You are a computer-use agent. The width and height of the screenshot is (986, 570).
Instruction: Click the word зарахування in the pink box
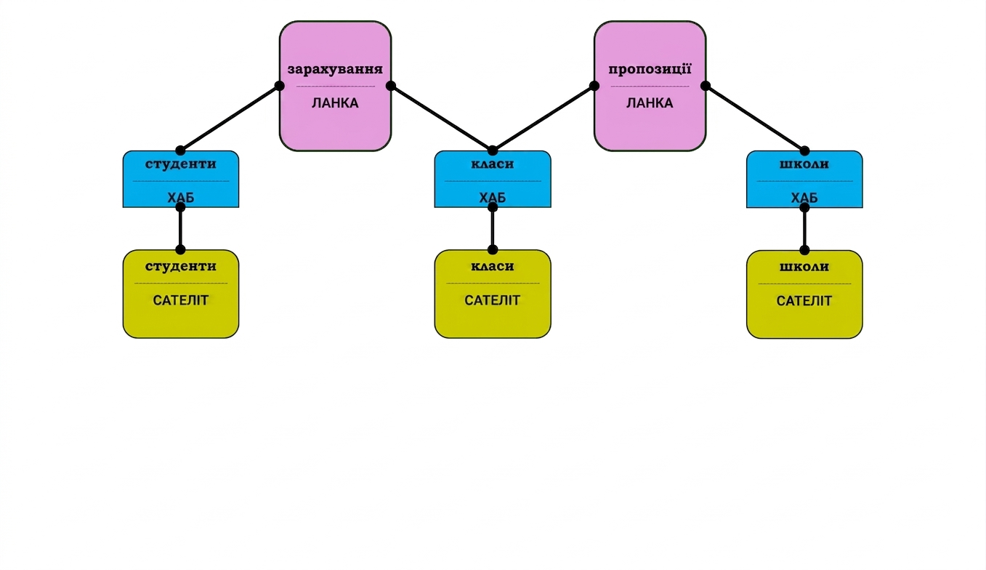[335, 69]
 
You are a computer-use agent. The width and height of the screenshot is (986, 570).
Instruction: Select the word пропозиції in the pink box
[650, 69]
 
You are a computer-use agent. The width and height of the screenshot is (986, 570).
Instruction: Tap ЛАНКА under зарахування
[335, 103]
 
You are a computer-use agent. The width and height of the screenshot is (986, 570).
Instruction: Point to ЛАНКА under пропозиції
[650, 103]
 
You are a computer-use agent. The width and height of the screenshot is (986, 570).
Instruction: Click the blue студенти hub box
[181, 179]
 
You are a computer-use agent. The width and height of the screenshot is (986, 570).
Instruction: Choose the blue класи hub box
[493, 179]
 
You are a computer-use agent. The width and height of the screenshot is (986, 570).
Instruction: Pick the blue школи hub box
[804, 179]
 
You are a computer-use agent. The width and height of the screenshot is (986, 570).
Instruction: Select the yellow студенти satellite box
[181, 294]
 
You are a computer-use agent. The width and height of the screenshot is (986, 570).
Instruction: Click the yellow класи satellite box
[493, 294]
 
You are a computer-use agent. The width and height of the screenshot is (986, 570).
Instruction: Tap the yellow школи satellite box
[804, 294]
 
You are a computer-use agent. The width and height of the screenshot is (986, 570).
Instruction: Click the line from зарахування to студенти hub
[230, 118]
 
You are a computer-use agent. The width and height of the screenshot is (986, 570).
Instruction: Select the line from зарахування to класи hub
[442, 118]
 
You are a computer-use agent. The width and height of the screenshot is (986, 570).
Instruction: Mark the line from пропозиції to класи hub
[543, 118]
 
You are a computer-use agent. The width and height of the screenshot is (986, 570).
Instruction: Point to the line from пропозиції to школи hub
[755, 118]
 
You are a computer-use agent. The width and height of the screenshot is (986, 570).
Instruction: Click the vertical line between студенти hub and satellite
[180, 228]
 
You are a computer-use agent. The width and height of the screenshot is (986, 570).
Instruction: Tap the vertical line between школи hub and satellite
[804, 228]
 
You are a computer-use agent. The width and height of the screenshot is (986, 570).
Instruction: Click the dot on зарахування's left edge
[280, 86]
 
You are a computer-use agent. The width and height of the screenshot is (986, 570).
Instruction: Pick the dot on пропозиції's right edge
[705, 86]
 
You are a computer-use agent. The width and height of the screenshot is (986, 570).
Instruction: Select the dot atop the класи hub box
[493, 150]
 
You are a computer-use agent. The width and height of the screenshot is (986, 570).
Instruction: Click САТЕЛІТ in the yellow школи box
[804, 301]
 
